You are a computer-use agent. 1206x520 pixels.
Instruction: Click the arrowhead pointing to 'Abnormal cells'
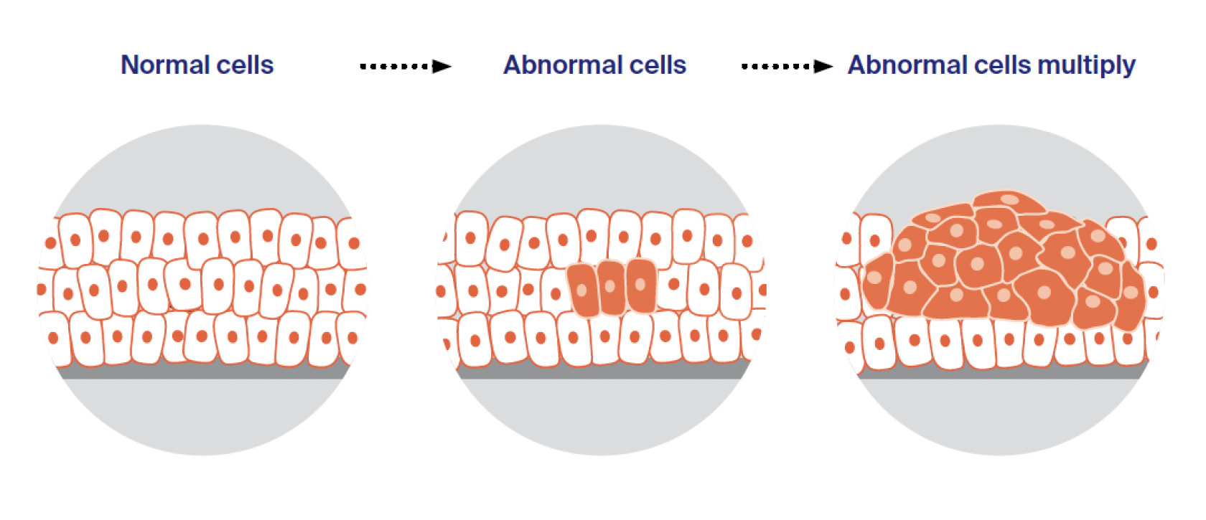(x=442, y=67)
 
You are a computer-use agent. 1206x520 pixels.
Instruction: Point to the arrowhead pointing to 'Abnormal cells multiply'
(x=823, y=67)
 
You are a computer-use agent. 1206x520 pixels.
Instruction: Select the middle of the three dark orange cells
(x=612, y=287)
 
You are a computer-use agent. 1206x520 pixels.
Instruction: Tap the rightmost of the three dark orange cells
(x=641, y=285)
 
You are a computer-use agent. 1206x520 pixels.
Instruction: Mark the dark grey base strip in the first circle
(x=201, y=372)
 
